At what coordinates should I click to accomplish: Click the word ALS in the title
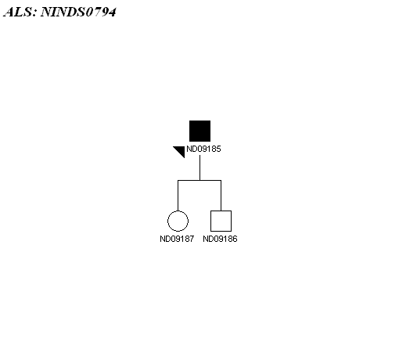coord(18,12)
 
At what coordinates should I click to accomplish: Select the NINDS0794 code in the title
coord(78,12)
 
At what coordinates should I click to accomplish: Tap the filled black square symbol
coord(199,131)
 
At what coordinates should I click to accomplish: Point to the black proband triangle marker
coord(181,151)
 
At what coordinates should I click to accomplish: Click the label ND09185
coord(203,149)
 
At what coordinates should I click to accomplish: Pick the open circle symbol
coord(178,211)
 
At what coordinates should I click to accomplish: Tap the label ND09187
coord(177,239)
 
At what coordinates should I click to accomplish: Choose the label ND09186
coord(220,239)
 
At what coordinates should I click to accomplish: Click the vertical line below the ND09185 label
coord(200,167)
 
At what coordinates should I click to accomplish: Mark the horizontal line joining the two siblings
coord(199,180)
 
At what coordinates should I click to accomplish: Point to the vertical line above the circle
coord(178,196)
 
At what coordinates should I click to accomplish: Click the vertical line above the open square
coord(221,196)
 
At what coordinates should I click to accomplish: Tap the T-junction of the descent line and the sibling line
coord(200,180)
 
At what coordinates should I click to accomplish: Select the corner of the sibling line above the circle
coord(178,180)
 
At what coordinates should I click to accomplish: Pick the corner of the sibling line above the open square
coord(221,180)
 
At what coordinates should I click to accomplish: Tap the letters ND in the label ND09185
coord(191,149)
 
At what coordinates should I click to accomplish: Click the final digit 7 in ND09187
coord(192,239)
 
